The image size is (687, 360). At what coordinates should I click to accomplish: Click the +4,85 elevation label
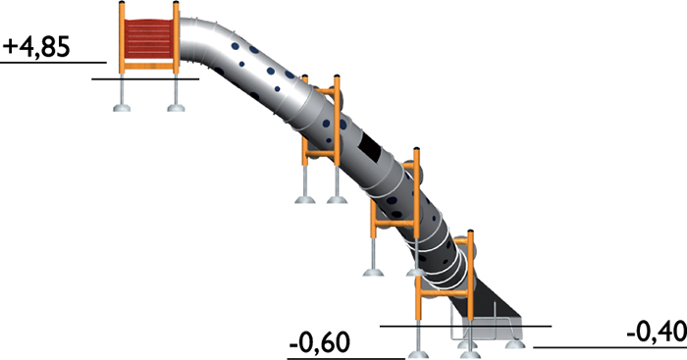pos(36,47)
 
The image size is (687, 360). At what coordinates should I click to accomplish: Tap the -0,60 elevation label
pos(319,343)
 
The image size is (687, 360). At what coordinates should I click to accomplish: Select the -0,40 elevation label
pos(657,332)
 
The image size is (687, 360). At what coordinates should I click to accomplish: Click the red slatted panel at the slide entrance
pos(148,38)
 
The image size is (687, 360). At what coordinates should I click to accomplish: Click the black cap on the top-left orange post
pos(122,3)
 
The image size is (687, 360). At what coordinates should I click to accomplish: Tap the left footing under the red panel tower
pos(122,107)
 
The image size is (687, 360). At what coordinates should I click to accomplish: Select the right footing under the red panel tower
pos(176,107)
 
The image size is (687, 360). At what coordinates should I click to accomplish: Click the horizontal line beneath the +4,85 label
pos(53,63)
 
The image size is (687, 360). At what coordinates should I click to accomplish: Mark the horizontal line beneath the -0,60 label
pos(345,359)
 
